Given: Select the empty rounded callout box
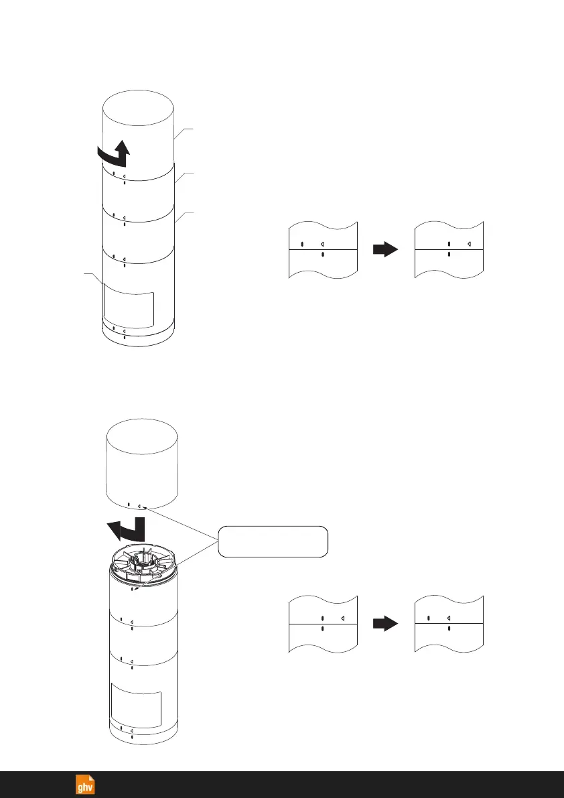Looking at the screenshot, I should (x=273, y=541).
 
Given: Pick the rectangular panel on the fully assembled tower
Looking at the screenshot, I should (x=129, y=307).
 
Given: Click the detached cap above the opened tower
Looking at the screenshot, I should (x=142, y=466).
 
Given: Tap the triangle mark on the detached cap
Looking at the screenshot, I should (x=139, y=507).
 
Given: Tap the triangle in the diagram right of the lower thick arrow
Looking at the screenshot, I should (x=449, y=618).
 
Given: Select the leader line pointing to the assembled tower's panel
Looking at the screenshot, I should (x=92, y=279).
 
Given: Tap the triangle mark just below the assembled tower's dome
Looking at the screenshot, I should (x=125, y=178).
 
